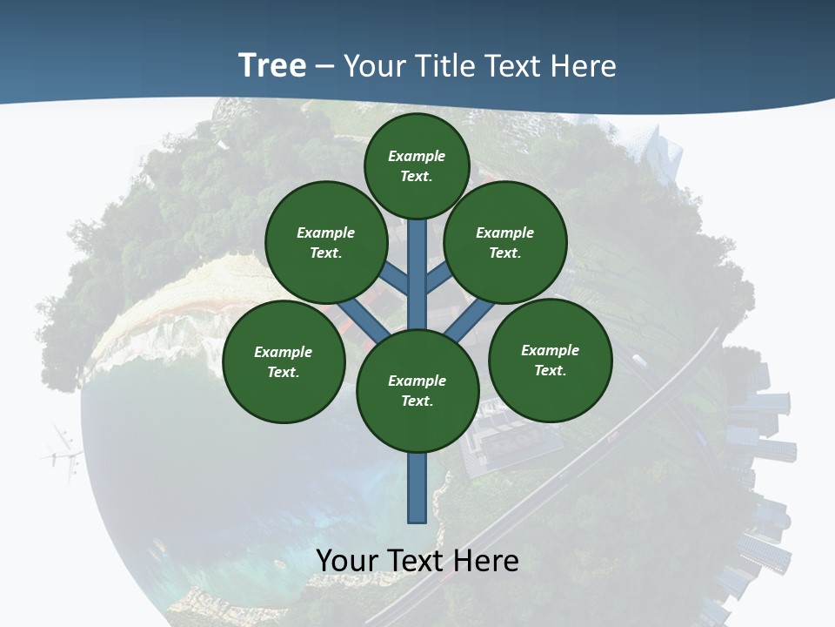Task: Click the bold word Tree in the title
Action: (272, 66)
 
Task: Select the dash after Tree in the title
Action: (324, 67)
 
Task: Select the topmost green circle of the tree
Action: (417, 165)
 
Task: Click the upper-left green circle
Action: (325, 242)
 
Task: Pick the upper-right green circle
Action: (505, 242)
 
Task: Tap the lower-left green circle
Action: (284, 361)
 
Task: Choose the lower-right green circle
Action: (550, 360)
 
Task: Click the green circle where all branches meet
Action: (417, 390)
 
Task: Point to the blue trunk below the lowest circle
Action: (417, 488)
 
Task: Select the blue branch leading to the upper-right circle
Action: (438, 280)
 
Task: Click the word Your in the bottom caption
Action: (348, 561)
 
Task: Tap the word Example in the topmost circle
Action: (417, 156)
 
